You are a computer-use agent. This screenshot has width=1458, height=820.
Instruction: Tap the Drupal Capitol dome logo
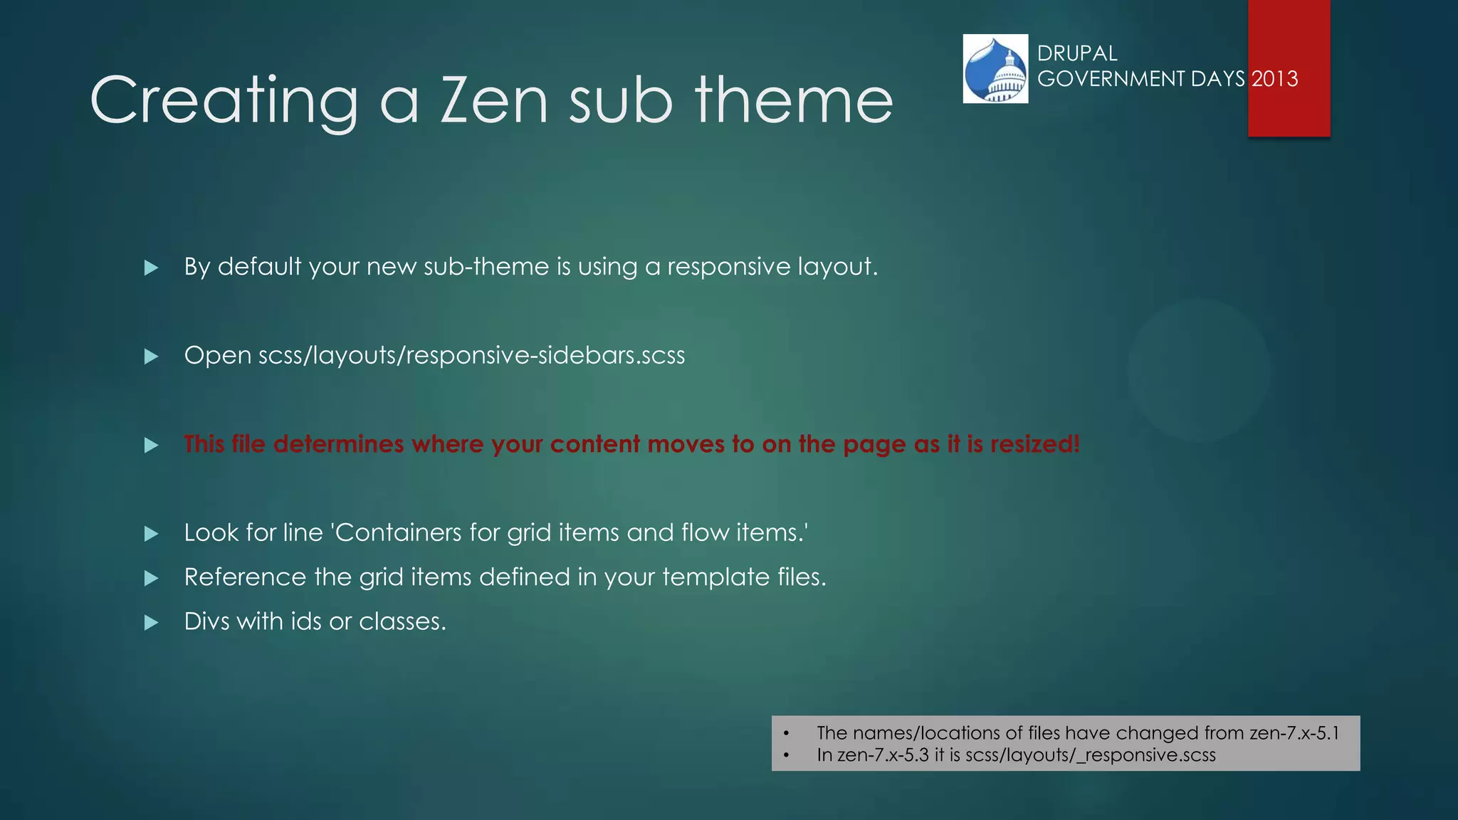tap(995, 69)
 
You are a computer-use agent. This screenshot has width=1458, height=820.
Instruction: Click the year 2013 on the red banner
tap(1275, 78)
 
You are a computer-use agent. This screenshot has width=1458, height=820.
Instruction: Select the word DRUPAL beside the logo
tap(1077, 53)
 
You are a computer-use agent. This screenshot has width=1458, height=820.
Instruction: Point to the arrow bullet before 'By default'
tap(151, 268)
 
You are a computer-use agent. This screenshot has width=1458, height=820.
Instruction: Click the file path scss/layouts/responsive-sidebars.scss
tap(471, 355)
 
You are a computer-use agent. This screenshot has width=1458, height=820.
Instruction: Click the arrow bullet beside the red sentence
tap(151, 446)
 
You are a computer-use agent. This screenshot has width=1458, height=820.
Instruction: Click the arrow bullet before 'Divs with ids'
tap(151, 623)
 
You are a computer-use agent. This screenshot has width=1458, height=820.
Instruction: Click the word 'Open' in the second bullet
tap(218, 355)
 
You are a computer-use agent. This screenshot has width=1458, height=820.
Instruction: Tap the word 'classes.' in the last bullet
tap(402, 621)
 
